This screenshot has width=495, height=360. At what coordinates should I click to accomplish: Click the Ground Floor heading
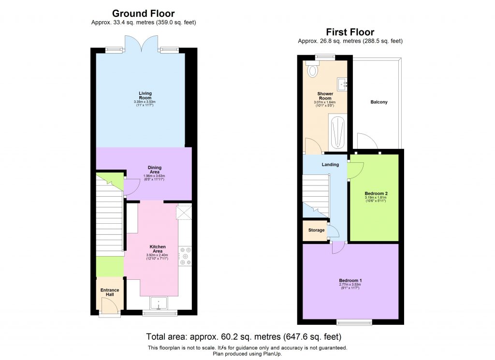coord(143,14)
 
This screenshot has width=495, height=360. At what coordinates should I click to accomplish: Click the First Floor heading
coord(350,32)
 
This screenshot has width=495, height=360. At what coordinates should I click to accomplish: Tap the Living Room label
coord(145,96)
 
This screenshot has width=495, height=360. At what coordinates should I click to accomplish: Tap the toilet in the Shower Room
coord(313,71)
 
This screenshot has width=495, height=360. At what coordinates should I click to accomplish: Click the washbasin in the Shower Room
coord(344,85)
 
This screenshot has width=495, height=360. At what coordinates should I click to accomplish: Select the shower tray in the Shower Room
coord(336,132)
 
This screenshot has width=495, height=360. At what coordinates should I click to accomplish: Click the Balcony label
coord(379,102)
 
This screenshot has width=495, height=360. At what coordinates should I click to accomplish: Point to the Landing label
coord(330,165)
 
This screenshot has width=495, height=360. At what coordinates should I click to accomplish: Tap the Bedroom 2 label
coord(377,194)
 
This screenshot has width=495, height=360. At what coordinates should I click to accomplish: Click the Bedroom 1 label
coord(350,281)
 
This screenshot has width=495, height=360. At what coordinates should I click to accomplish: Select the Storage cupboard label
coord(317,230)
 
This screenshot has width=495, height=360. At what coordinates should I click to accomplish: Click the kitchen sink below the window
coord(158,304)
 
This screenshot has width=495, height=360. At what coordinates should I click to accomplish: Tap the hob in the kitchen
coord(185,256)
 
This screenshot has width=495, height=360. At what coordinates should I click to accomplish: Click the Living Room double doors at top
coord(141,45)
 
